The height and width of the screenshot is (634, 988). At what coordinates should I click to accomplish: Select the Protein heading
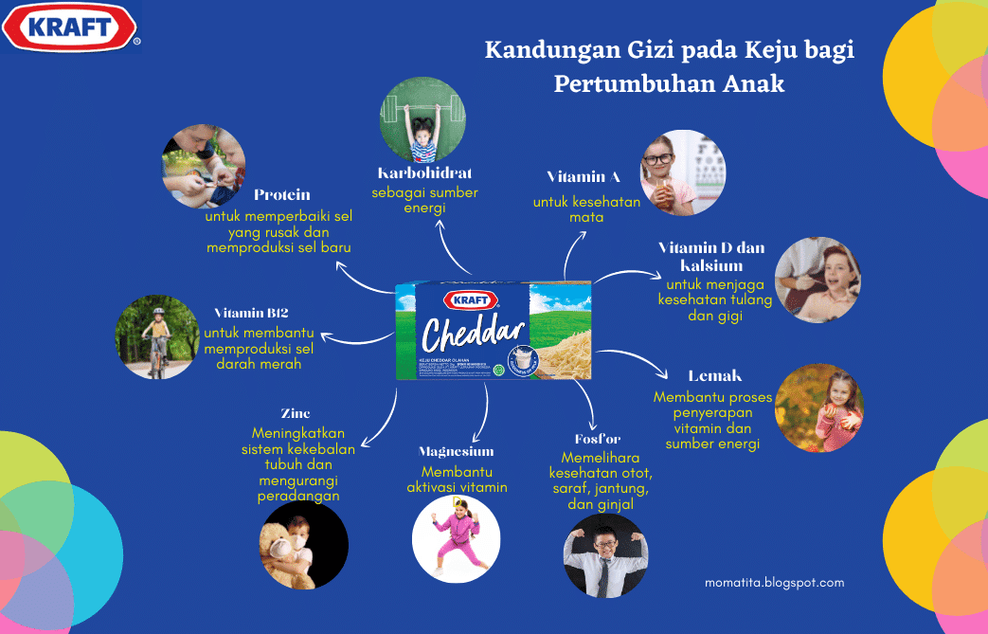tap(282, 195)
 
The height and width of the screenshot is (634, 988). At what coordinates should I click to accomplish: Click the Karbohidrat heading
tap(424, 173)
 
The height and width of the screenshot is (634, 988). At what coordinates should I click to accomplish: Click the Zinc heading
tap(295, 413)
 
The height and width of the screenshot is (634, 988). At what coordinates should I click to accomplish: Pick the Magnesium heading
tap(457, 451)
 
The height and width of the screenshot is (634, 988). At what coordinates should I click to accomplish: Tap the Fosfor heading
tap(597, 439)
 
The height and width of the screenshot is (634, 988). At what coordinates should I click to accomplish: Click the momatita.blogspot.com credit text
tap(774, 583)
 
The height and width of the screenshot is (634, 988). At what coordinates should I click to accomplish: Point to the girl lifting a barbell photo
tap(424, 120)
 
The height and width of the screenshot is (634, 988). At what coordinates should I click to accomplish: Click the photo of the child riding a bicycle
tap(156, 337)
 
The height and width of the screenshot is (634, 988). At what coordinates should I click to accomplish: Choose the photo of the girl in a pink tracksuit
tap(456, 536)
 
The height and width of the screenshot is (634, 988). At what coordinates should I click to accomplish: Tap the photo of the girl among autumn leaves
tap(818, 408)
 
